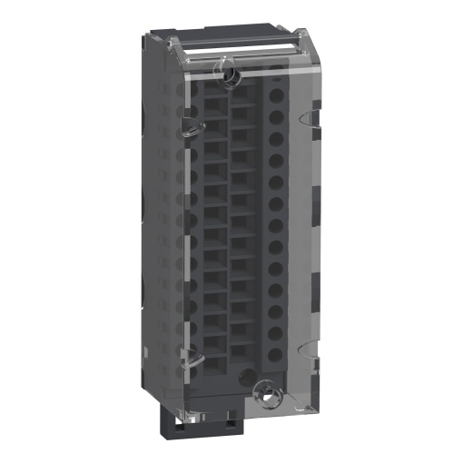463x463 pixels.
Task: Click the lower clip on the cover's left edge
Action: tap(187, 360)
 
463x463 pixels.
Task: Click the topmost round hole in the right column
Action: tap(275, 94)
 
